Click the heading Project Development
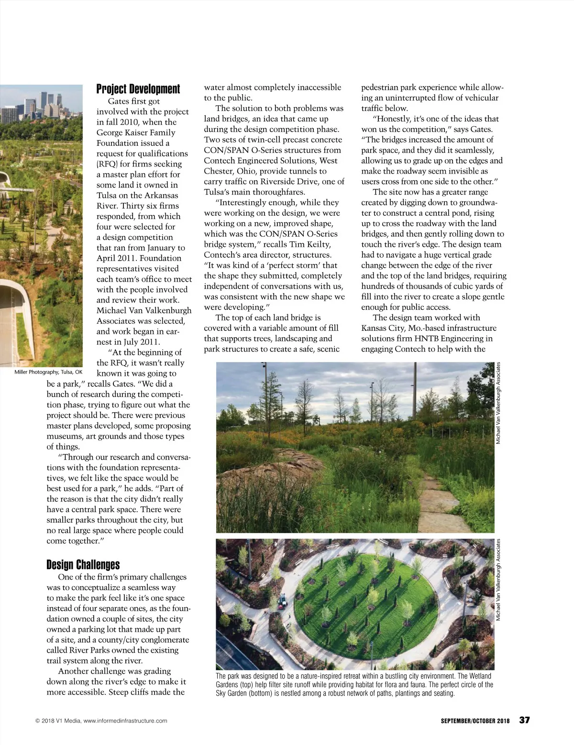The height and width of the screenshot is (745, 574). pos(138,89)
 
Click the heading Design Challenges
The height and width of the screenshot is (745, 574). pos(83,565)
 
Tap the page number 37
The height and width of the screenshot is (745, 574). pos(525,720)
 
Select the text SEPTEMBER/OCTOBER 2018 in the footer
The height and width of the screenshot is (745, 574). pos(475,721)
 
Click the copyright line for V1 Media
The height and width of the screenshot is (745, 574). pos(101,721)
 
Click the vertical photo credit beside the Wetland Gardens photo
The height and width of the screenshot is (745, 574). pos(498,403)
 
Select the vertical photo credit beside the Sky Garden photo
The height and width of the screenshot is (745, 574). pos(498,580)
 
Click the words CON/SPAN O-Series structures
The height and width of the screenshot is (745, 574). pos(273,150)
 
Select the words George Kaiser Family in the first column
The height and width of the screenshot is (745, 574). pos(136,132)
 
